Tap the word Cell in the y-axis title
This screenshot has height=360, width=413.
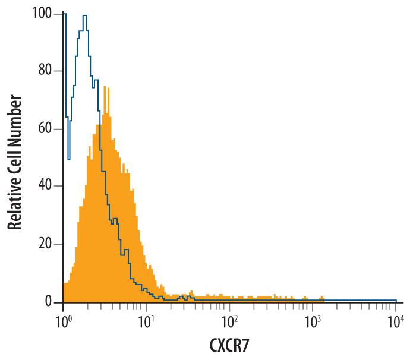pos(15,156)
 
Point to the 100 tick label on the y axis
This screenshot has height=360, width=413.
pos(42,14)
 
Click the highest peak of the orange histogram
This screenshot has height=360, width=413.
pos(105,87)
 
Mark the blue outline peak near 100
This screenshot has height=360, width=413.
pos(86,16)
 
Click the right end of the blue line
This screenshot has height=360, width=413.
pos(396,300)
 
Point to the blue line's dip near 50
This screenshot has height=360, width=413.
pos(69,159)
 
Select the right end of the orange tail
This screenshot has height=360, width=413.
pos(324,298)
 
